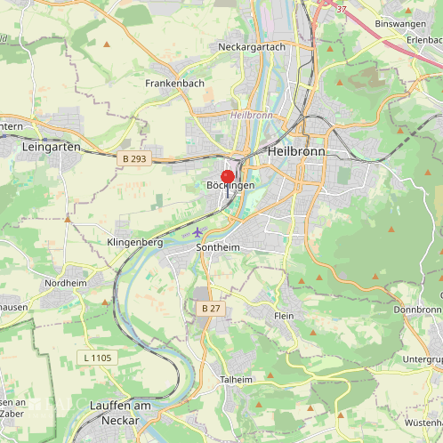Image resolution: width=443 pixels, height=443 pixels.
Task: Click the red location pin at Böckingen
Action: (227, 177)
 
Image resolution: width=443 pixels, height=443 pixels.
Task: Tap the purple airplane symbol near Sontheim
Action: (197, 232)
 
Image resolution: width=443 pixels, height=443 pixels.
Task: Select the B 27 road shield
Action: (210, 308)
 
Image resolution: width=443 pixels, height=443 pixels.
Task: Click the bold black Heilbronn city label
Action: (296, 152)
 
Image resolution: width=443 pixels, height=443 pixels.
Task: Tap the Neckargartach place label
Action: (252, 46)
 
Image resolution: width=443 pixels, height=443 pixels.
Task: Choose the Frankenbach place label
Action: (175, 83)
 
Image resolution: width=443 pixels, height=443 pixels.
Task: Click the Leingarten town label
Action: (52, 147)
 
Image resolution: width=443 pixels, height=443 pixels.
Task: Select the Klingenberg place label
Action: (134, 242)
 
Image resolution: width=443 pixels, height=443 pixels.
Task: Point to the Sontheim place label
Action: (218, 247)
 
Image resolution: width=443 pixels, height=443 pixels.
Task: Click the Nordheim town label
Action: (66, 283)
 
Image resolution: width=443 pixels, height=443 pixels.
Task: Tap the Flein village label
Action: (284, 317)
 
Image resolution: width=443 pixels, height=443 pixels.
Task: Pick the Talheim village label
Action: (236, 379)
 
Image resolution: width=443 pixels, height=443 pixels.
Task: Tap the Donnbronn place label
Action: (416, 310)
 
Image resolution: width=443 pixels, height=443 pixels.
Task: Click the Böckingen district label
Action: (230, 185)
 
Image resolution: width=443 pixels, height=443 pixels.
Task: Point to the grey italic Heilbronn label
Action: (251, 116)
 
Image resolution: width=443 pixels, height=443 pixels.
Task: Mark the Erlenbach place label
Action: (424, 40)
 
